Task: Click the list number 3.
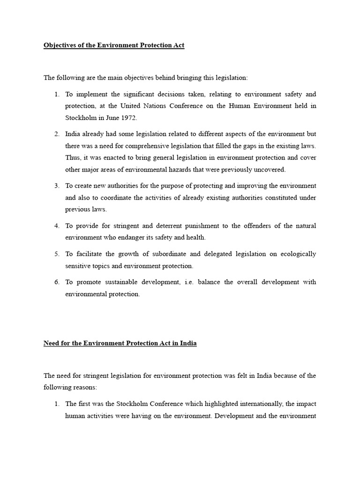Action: (56, 186)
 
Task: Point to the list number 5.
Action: (56, 254)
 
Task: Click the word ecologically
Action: (298, 254)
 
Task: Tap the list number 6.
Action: (56, 282)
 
